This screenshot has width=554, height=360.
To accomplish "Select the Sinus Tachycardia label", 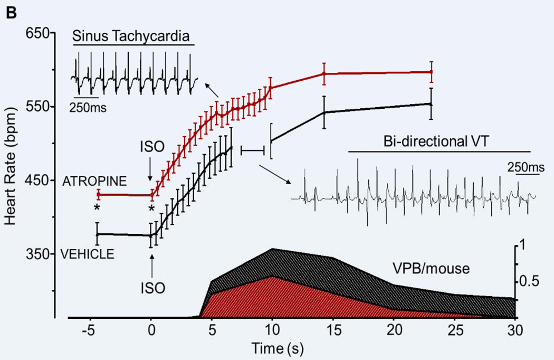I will pos(133,36).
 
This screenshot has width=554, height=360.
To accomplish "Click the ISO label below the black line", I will pos(152,288).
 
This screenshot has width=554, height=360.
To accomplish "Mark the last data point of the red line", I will pos(432,72).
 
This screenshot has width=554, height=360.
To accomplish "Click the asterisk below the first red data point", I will pos(97,208).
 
